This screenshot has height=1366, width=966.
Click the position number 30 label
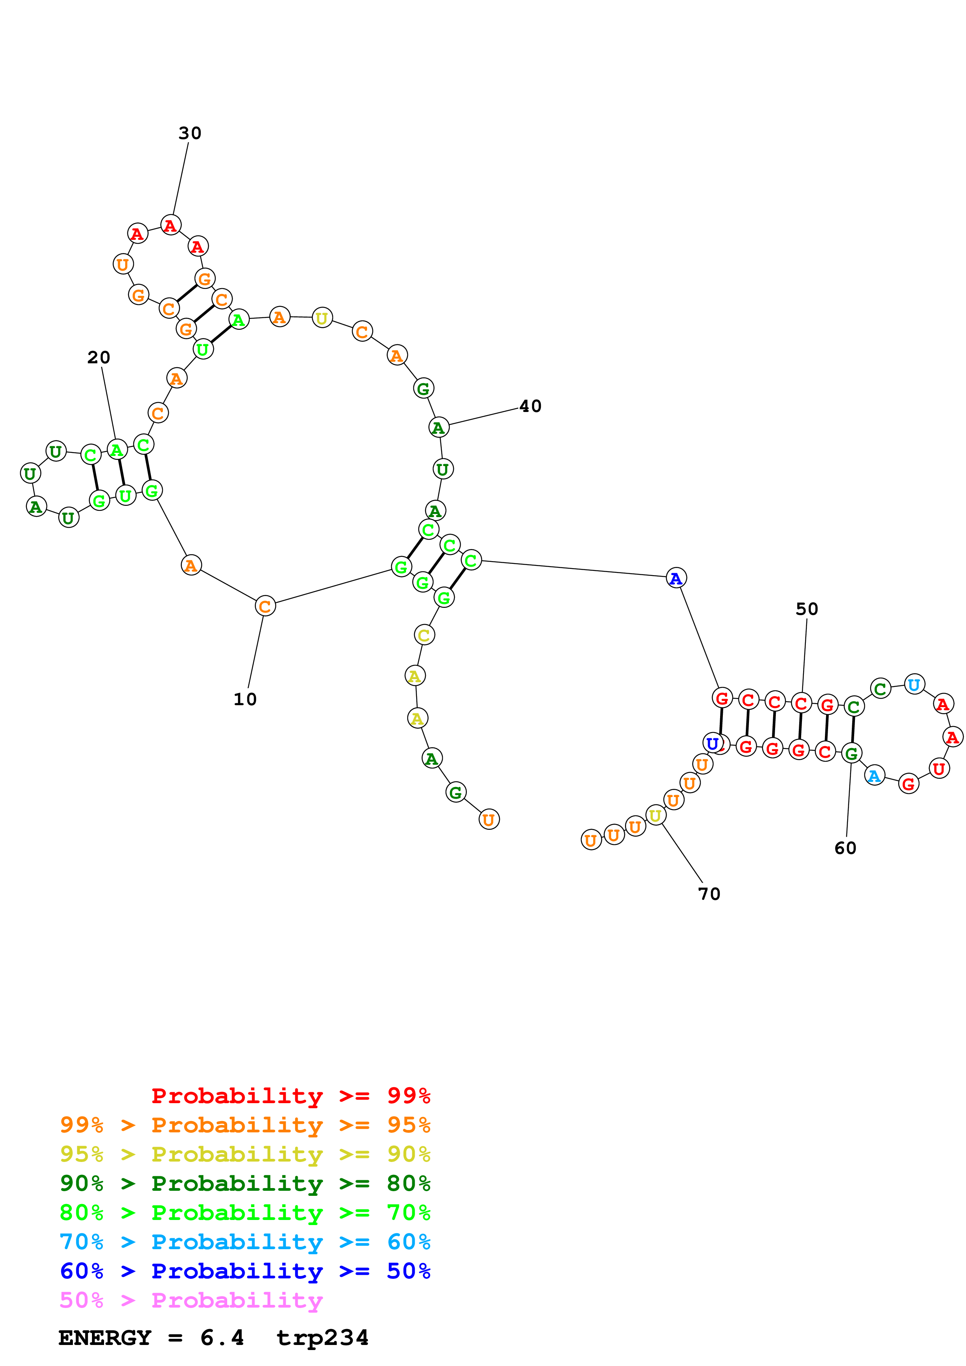pos(190,133)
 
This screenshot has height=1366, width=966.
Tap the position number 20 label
pos(99,357)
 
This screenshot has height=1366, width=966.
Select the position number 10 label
pos(245,699)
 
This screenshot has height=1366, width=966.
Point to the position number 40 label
pos(530,407)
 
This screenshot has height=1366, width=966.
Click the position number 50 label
pos(807,609)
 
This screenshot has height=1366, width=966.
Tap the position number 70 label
pos(709,894)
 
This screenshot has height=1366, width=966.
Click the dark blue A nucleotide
pos(676,578)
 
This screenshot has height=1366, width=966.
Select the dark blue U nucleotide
pos(712,743)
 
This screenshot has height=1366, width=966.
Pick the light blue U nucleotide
pos(914,684)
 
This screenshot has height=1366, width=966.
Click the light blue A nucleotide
pos(874,776)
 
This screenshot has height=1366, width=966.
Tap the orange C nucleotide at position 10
pos(265,606)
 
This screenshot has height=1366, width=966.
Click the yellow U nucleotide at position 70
pos(655,816)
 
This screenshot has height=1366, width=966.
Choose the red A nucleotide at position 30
pos(171,225)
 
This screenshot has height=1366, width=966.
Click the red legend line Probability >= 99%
pos(290,1095)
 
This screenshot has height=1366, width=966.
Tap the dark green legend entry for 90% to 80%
pos(245,1183)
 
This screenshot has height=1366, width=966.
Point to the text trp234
pos(322,1338)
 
